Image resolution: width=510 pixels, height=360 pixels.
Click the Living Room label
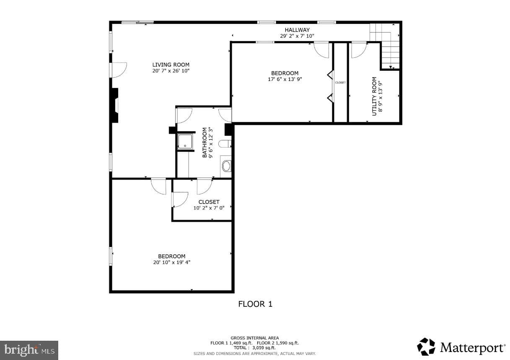point(171,65)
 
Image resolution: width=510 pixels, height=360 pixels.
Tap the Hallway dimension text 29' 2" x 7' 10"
point(297,36)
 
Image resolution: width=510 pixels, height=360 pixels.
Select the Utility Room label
point(374,96)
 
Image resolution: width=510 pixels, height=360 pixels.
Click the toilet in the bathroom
point(225,144)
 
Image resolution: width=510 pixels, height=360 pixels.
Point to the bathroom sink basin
point(227,166)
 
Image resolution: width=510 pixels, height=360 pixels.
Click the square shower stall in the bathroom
point(185,141)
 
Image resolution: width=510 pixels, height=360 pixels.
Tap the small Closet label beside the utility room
point(340,83)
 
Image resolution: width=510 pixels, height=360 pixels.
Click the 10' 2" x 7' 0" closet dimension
point(209,208)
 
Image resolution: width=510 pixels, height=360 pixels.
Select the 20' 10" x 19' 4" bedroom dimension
point(172,262)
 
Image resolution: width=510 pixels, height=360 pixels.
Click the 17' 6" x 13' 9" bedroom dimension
point(285,79)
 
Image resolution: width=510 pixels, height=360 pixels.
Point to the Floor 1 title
point(255,304)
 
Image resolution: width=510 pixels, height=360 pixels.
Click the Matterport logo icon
point(426,347)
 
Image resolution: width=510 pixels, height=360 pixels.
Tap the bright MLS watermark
point(29,350)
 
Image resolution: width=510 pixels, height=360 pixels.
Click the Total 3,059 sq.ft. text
point(254,348)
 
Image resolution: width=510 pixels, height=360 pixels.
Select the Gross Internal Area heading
point(254,338)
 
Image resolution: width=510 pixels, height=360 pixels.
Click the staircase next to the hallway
point(385,46)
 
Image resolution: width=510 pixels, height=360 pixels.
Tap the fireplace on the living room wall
point(115,106)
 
